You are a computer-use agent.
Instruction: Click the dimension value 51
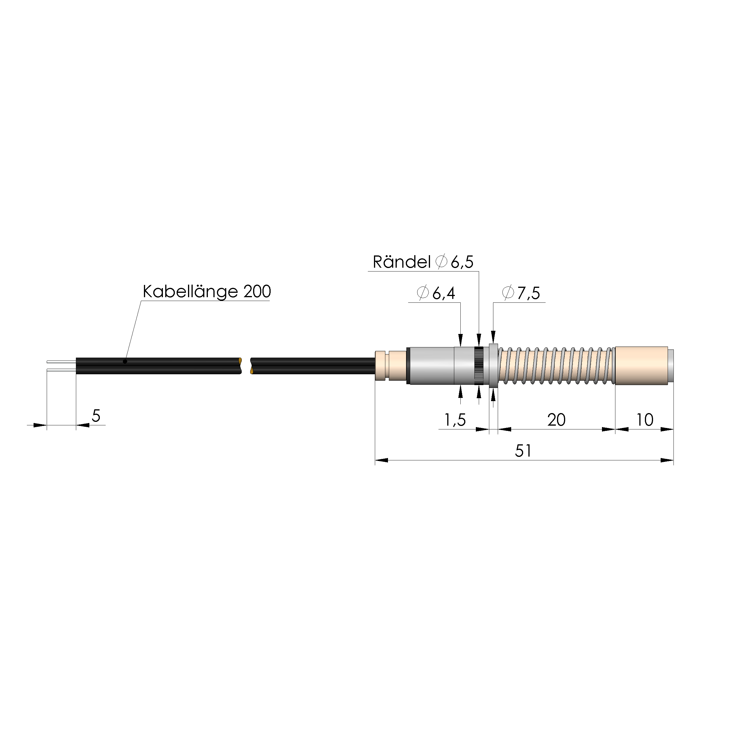pos(523,451)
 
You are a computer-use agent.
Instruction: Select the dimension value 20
pos(556,420)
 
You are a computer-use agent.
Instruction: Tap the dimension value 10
pos(645,420)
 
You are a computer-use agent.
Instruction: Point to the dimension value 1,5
pos(455,420)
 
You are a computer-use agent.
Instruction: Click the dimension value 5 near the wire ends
pos(96,416)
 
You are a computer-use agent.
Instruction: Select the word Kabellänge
pos(190,292)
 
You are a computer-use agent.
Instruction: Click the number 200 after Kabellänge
pos(257,292)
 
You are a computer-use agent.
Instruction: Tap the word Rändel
pos(401,262)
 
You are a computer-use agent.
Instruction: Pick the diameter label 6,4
pos(444,293)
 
